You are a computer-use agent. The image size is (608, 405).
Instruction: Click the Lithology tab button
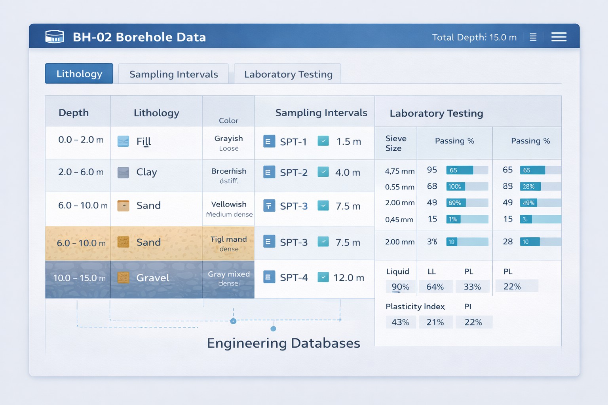[x=79, y=74]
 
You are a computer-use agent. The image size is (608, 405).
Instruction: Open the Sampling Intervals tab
[x=173, y=74]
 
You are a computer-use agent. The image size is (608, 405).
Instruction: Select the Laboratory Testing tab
[x=288, y=74]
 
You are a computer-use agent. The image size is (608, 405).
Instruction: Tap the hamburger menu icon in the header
[x=559, y=37]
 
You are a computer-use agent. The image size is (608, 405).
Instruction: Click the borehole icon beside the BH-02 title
[x=55, y=37]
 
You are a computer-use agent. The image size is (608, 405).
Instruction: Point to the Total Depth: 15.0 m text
[x=474, y=37]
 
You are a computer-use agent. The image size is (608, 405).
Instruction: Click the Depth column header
[x=74, y=113]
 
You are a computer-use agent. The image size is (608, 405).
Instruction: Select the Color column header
[x=228, y=120]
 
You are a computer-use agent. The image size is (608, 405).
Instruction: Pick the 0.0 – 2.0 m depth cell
[x=81, y=140]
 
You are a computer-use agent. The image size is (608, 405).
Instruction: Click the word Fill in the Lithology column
[x=144, y=142]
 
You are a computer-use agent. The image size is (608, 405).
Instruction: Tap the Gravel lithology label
[x=153, y=278]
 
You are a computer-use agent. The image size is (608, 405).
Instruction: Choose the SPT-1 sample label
[x=293, y=142]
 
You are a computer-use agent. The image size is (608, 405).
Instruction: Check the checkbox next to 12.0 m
[x=323, y=277]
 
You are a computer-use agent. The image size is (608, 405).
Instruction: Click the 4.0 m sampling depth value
[x=348, y=172]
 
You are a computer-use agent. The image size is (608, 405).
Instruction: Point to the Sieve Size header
[x=395, y=143]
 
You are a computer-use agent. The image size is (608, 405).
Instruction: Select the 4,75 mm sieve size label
[x=399, y=171]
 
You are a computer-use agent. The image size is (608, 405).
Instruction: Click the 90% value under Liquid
[x=400, y=287]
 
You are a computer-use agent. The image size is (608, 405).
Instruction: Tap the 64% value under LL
[x=435, y=287]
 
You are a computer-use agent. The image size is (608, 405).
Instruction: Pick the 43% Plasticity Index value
[x=400, y=322]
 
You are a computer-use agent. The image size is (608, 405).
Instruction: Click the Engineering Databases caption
[x=283, y=343]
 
